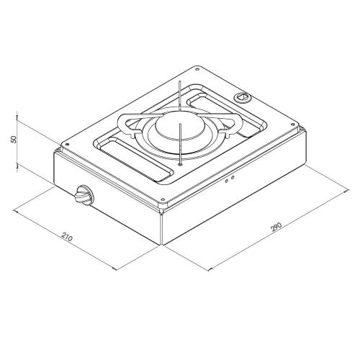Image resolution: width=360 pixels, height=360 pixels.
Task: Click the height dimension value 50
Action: pos(14,140)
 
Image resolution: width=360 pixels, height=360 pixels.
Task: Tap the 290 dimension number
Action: pos(276,227)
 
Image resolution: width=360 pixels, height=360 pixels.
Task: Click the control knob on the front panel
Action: pos(84,194)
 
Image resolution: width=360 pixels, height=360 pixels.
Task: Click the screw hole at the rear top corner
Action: pos(197,69)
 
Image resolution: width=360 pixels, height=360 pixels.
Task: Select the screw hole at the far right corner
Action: pos(292,125)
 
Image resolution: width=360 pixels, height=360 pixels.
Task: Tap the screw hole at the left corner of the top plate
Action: pos(67,144)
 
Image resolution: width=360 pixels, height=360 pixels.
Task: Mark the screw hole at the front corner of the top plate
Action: pos(163,199)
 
